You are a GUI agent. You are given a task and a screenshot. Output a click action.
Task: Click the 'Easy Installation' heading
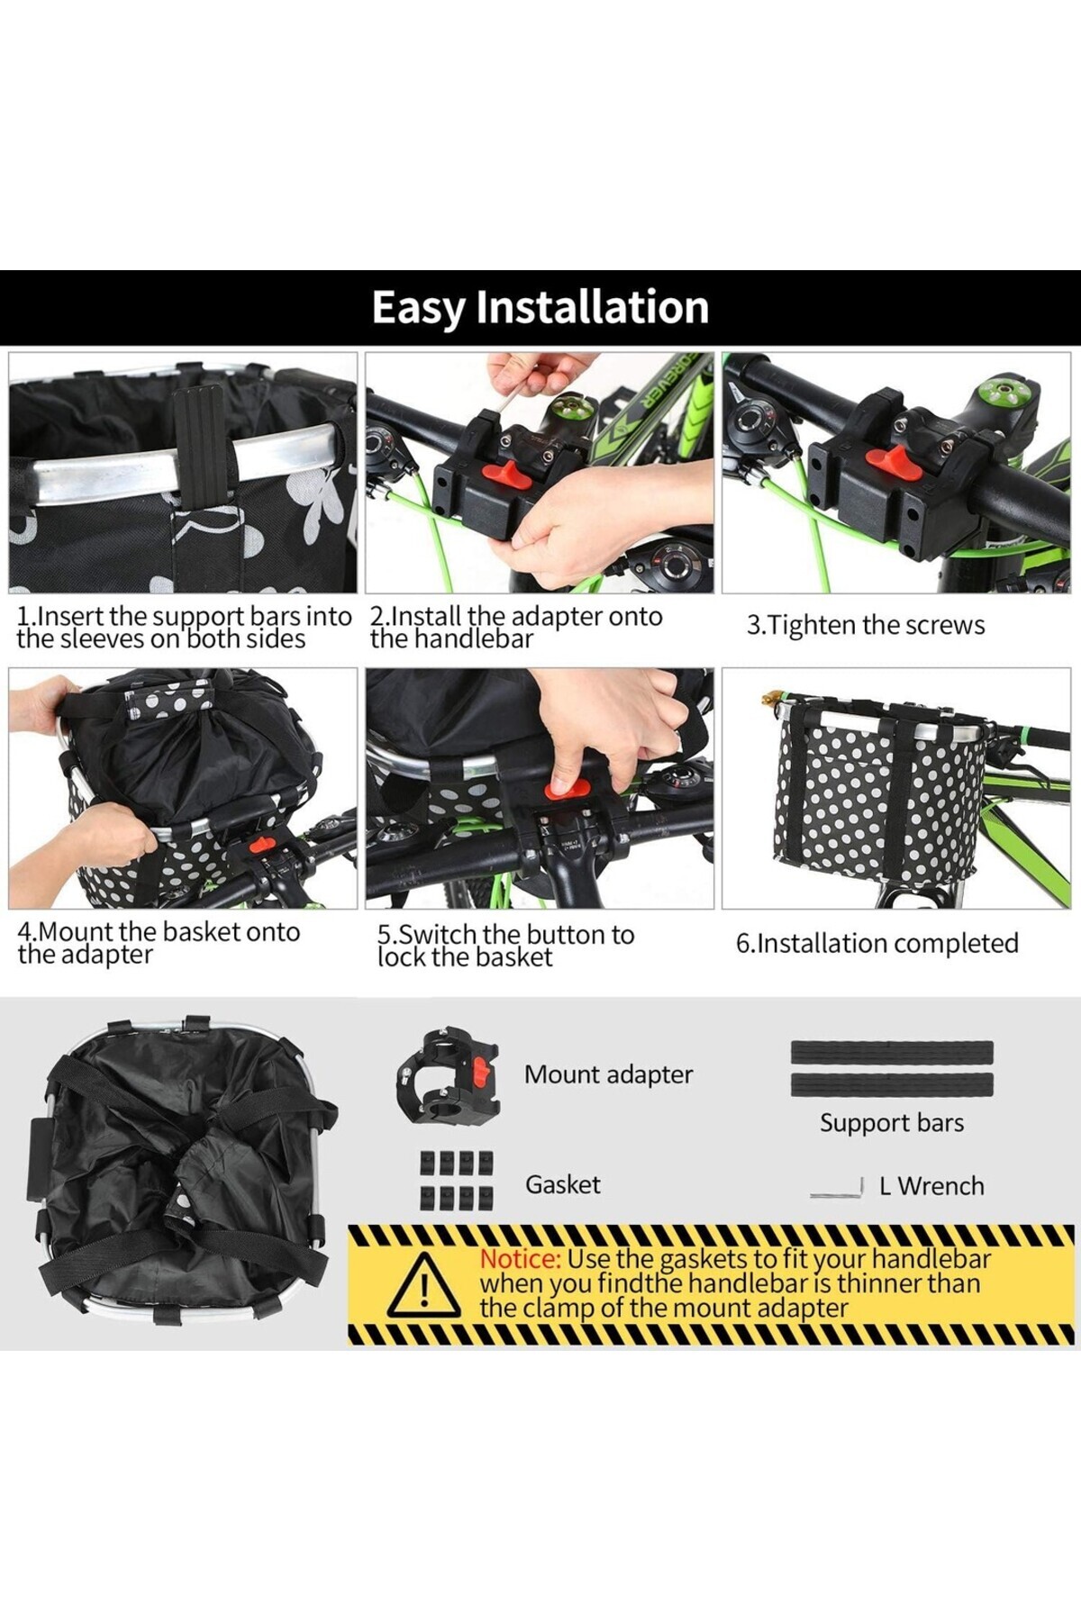pyautogui.click(x=540, y=307)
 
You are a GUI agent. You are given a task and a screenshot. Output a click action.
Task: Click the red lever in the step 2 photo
pyautogui.click(x=504, y=475)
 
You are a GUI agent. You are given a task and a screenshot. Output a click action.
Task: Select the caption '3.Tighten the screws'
pyautogui.click(x=866, y=625)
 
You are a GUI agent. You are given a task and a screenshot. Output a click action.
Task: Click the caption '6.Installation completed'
pyautogui.click(x=877, y=943)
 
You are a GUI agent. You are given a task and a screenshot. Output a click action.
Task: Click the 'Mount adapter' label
pyautogui.click(x=609, y=1074)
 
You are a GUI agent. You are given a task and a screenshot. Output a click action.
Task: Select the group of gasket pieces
pyautogui.click(x=458, y=1180)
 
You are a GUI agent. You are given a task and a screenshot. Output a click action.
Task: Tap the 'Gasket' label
pyautogui.click(x=563, y=1184)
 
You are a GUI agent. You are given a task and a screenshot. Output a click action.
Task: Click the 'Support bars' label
pyautogui.click(x=892, y=1123)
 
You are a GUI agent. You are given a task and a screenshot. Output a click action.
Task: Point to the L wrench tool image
pyautogui.click(x=839, y=1189)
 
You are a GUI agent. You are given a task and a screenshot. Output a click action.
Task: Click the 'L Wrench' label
pyautogui.click(x=932, y=1186)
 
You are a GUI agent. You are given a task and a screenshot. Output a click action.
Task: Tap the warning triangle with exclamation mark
pyautogui.click(x=424, y=1285)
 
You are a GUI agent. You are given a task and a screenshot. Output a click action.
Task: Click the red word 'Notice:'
pyautogui.click(x=521, y=1259)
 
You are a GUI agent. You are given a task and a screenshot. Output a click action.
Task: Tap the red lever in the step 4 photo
pyautogui.click(x=262, y=846)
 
